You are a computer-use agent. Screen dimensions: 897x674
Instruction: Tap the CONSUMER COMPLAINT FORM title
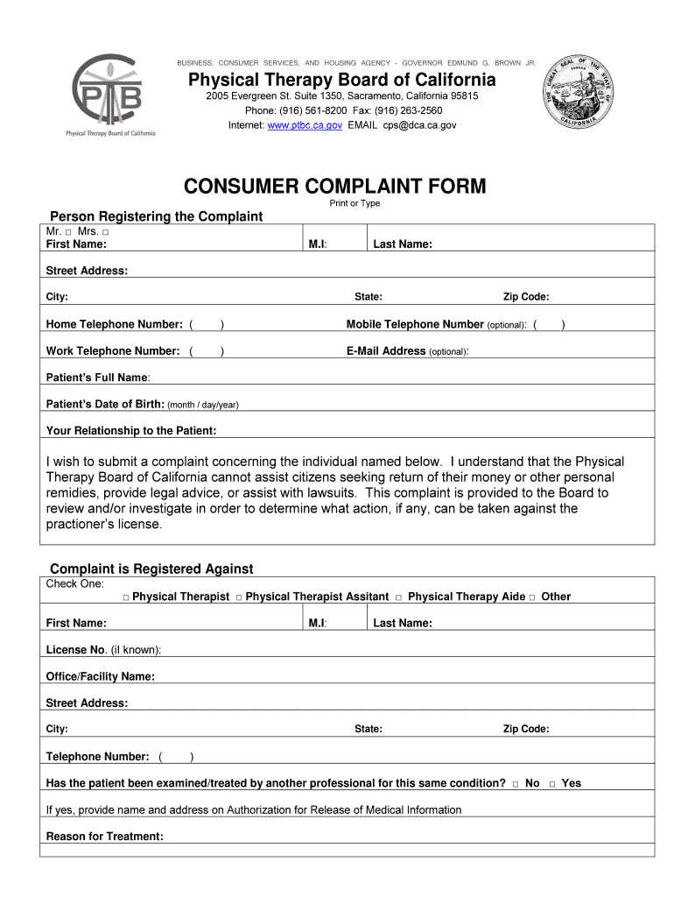pyautogui.click(x=334, y=186)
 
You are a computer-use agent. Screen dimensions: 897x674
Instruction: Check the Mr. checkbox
pyautogui.click(x=67, y=232)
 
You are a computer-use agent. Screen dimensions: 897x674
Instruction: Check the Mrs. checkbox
pyautogui.click(x=105, y=232)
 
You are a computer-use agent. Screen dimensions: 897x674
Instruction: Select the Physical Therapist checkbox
pyautogui.click(x=126, y=597)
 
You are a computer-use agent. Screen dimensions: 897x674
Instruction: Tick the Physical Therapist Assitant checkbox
pyautogui.click(x=238, y=597)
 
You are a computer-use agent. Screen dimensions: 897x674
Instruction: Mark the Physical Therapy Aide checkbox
pyautogui.click(x=398, y=597)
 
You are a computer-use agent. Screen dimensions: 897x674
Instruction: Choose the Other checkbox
pyautogui.click(x=532, y=597)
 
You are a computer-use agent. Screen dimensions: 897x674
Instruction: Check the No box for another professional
pyautogui.click(x=516, y=784)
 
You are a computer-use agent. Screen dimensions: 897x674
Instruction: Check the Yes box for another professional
pyautogui.click(x=552, y=784)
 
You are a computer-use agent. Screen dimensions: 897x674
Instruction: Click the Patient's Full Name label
pyautogui.click(x=97, y=378)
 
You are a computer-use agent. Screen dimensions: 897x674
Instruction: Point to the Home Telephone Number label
pyautogui.click(x=114, y=324)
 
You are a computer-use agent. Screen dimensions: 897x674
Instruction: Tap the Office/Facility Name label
pyautogui.click(x=100, y=676)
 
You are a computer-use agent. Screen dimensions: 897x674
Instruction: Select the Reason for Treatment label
pyautogui.click(x=104, y=837)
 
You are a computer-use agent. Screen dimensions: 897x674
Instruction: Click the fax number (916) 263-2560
pyautogui.click(x=409, y=110)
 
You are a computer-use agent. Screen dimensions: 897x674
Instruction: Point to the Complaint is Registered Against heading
pyautogui.click(x=151, y=569)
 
